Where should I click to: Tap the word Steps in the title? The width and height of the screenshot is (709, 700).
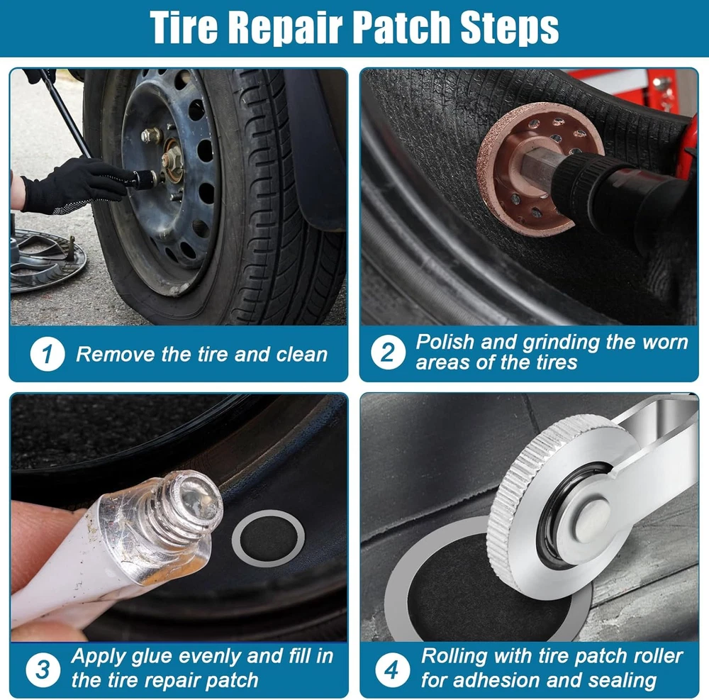tap(509, 29)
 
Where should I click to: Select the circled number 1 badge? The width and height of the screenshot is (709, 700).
tap(47, 354)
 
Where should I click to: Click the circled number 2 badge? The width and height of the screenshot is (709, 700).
tap(388, 352)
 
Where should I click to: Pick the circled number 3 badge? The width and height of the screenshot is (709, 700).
tap(43, 670)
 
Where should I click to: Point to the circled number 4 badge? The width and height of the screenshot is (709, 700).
tap(392, 670)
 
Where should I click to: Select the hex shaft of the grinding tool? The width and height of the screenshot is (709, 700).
tap(542, 166)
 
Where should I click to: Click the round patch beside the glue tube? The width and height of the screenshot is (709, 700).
tap(268, 538)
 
